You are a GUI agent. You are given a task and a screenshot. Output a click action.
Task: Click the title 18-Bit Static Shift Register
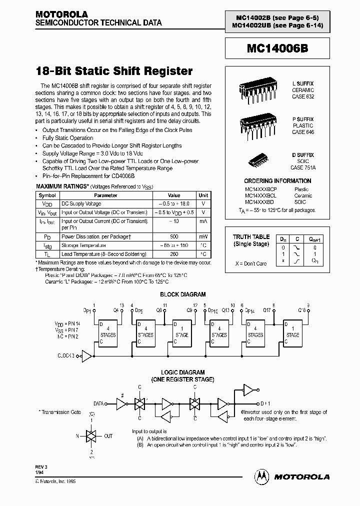tap(114, 71)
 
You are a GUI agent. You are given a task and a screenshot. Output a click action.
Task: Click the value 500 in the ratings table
tap(173, 236)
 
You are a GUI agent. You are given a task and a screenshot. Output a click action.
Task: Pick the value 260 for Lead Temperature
tap(173, 254)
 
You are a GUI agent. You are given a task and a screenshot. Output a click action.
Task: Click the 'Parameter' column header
tap(105, 195)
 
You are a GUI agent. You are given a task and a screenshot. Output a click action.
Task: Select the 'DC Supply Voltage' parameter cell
tap(81, 204)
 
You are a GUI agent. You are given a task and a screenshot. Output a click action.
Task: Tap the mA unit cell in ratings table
tap(203, 220)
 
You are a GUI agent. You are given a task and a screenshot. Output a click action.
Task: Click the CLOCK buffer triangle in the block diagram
tap(86, 356)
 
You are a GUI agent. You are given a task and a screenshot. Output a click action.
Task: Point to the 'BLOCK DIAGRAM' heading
tap(182, 294)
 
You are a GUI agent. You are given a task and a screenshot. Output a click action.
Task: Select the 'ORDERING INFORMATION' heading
tap(277, 181)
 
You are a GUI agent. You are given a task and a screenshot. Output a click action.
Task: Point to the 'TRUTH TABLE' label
tap(251, 237)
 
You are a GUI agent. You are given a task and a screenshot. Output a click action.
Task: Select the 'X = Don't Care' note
tap(251, 263)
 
